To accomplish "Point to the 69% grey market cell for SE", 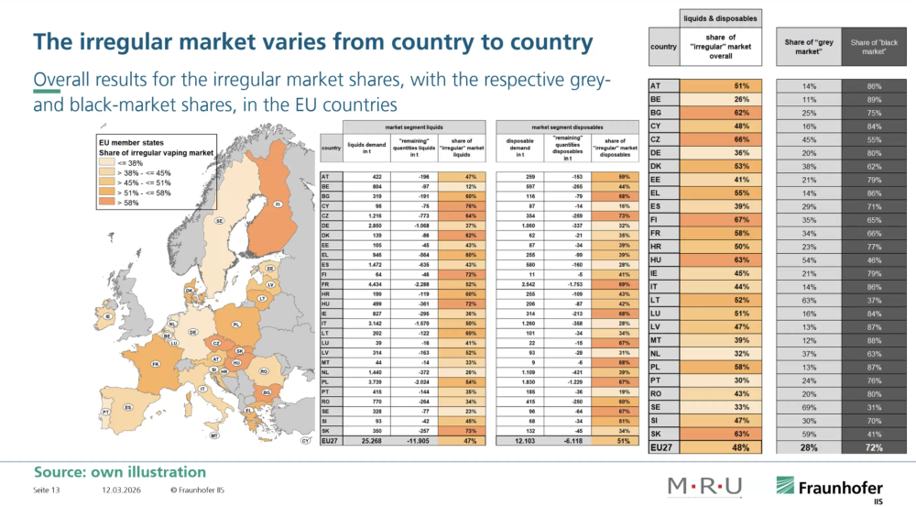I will point(808,406).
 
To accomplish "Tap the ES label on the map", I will point(129,407).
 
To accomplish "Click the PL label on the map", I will point(237,324).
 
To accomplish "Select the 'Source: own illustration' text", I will point(120,471).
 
